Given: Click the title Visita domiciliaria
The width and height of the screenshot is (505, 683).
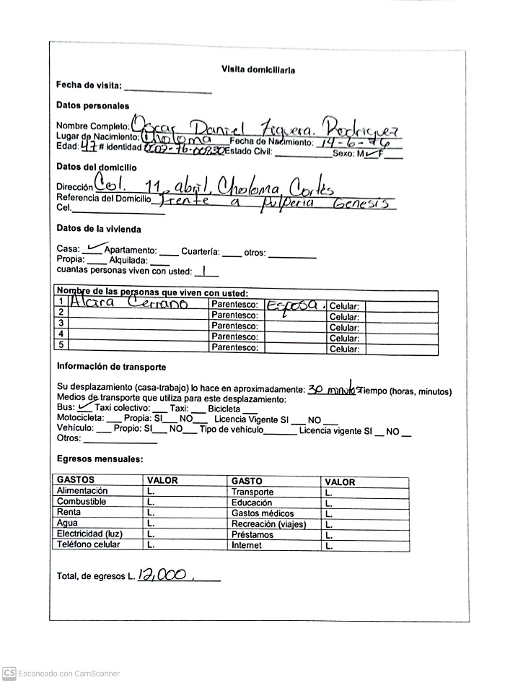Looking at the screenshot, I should (x=258, y=70).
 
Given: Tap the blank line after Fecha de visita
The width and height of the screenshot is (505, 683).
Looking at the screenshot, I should (x=168, y=90).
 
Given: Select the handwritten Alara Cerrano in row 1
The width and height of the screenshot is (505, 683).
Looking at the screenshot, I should (x=130, y=304).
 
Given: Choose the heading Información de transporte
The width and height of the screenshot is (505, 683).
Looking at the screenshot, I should (x=111, y=367).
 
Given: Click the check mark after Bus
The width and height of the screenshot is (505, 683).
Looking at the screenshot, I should (x=85, y=406).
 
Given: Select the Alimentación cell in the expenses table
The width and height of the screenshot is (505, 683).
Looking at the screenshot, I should (x=82, y=491).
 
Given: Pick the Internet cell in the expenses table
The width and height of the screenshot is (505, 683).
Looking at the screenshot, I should (x=247, y=545).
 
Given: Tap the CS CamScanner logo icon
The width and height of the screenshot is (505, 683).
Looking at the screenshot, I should (x=9, y=673).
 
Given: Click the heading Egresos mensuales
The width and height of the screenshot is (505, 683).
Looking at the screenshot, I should (x=100, y=458).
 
